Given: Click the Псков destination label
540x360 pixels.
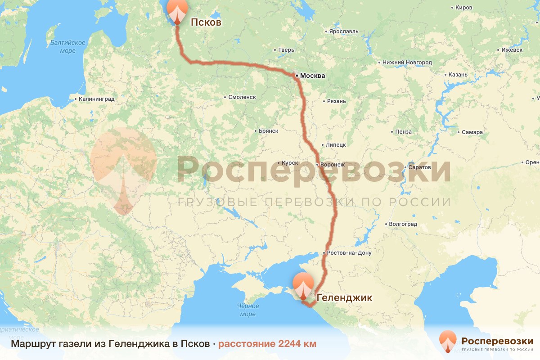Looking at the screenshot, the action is (x=206, y=22).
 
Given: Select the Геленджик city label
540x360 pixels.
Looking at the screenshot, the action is (x=345, y=297).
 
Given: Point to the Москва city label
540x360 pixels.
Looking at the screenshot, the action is (x=312, y=76).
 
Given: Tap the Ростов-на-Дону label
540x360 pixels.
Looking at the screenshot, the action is (x=350, y=253).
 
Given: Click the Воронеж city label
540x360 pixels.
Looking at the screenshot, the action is (x=333, y=165).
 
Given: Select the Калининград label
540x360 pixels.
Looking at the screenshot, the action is (x=96, y=99).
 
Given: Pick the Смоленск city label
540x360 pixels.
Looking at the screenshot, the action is (x=242, y=97).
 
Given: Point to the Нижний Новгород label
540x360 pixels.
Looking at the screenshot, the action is (x=407, y=63).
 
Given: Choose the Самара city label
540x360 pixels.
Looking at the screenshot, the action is (x=472, y=132).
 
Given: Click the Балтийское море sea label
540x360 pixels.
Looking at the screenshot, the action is (x=68, y=47).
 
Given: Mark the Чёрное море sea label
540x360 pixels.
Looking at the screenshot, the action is (x=247, y=310).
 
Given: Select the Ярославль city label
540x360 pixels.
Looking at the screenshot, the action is (x=344, y=31).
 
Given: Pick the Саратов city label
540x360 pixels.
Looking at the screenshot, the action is (x=420, y=167).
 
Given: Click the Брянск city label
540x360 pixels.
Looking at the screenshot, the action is (x=269, y=131).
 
